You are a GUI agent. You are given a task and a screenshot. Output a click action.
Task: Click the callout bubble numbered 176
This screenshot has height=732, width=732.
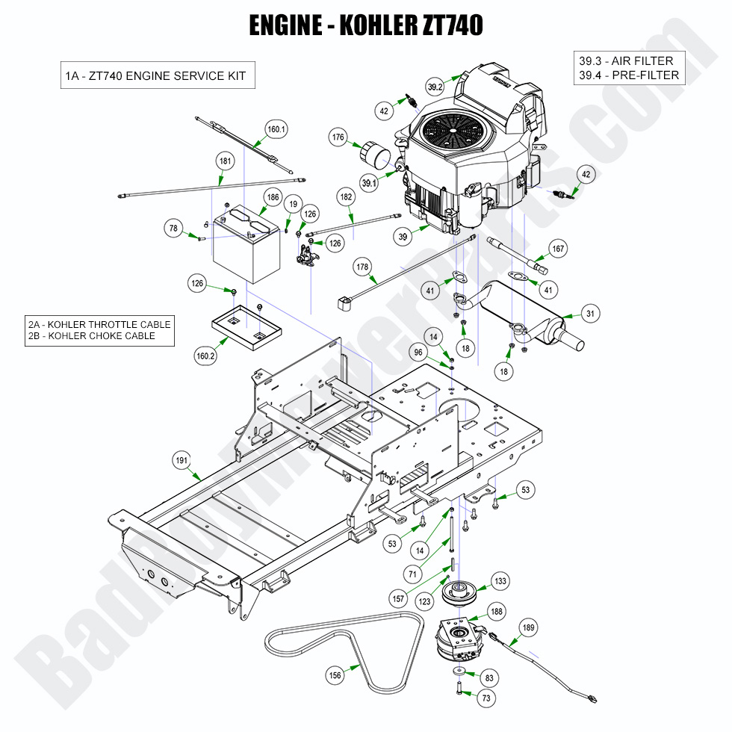coord(338,137)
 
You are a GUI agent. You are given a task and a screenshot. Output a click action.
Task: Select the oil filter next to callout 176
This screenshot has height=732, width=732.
coord(373,158)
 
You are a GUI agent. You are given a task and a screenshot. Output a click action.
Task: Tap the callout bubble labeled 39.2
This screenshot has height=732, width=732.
coord(435,87)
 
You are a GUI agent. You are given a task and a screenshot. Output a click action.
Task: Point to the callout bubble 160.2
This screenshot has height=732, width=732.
coord(205,356)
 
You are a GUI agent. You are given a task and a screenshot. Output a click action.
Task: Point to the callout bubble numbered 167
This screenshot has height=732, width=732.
coord(558,248)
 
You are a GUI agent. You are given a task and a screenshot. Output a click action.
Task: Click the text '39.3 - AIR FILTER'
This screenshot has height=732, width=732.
coord(625,61)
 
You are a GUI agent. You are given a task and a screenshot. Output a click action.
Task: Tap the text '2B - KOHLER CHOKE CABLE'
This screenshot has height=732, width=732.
coord(92,336)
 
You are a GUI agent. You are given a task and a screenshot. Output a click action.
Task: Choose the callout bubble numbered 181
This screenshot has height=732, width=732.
coord(224,161)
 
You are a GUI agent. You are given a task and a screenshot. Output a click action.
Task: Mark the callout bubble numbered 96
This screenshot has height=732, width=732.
coord(418,352)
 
